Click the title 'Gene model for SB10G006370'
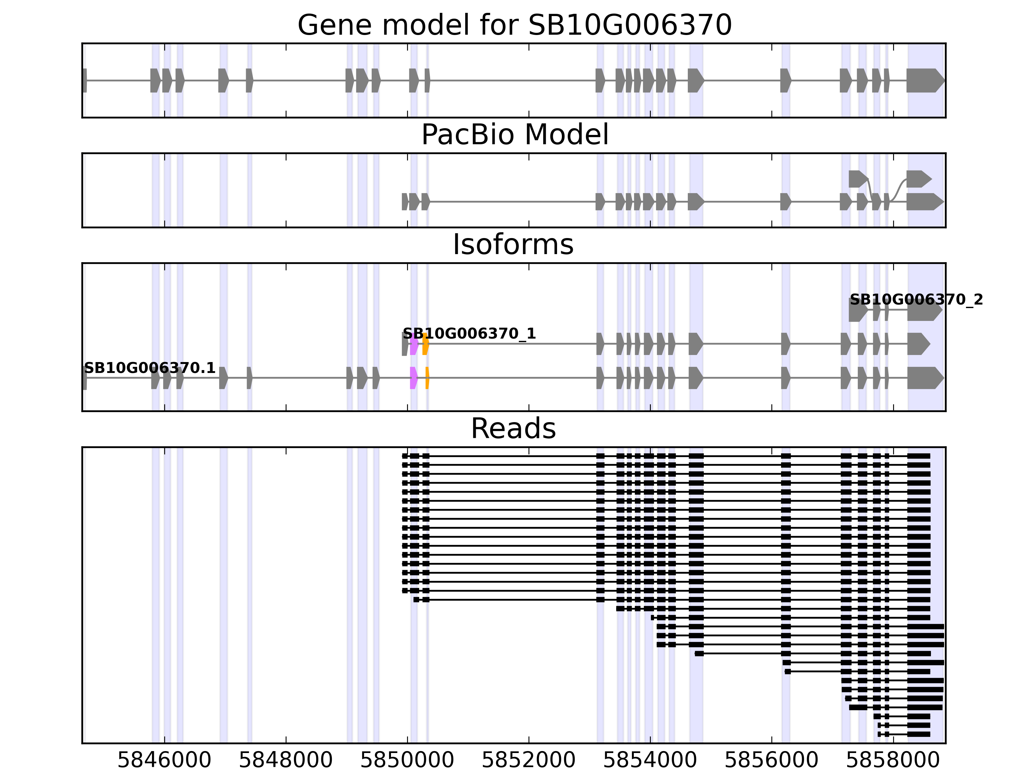tap(514, 25)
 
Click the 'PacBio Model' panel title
tap(514, 135)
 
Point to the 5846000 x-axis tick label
tap(164, 760)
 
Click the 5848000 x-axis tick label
tap(286, 760)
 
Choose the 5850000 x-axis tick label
tap(407, 760)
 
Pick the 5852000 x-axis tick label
tap(529, 760)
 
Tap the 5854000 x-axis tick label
tap(650, 760)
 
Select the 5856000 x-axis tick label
tap(771, 760)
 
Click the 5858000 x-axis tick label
tap(893, 760)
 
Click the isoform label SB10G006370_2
tap(916, 300)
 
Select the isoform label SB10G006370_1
tap(469, 334)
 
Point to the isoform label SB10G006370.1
tap(150, 368)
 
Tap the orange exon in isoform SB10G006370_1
tap(425, 344)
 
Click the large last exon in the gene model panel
tap(925, 80)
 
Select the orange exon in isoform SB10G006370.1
tap(427, 378)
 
